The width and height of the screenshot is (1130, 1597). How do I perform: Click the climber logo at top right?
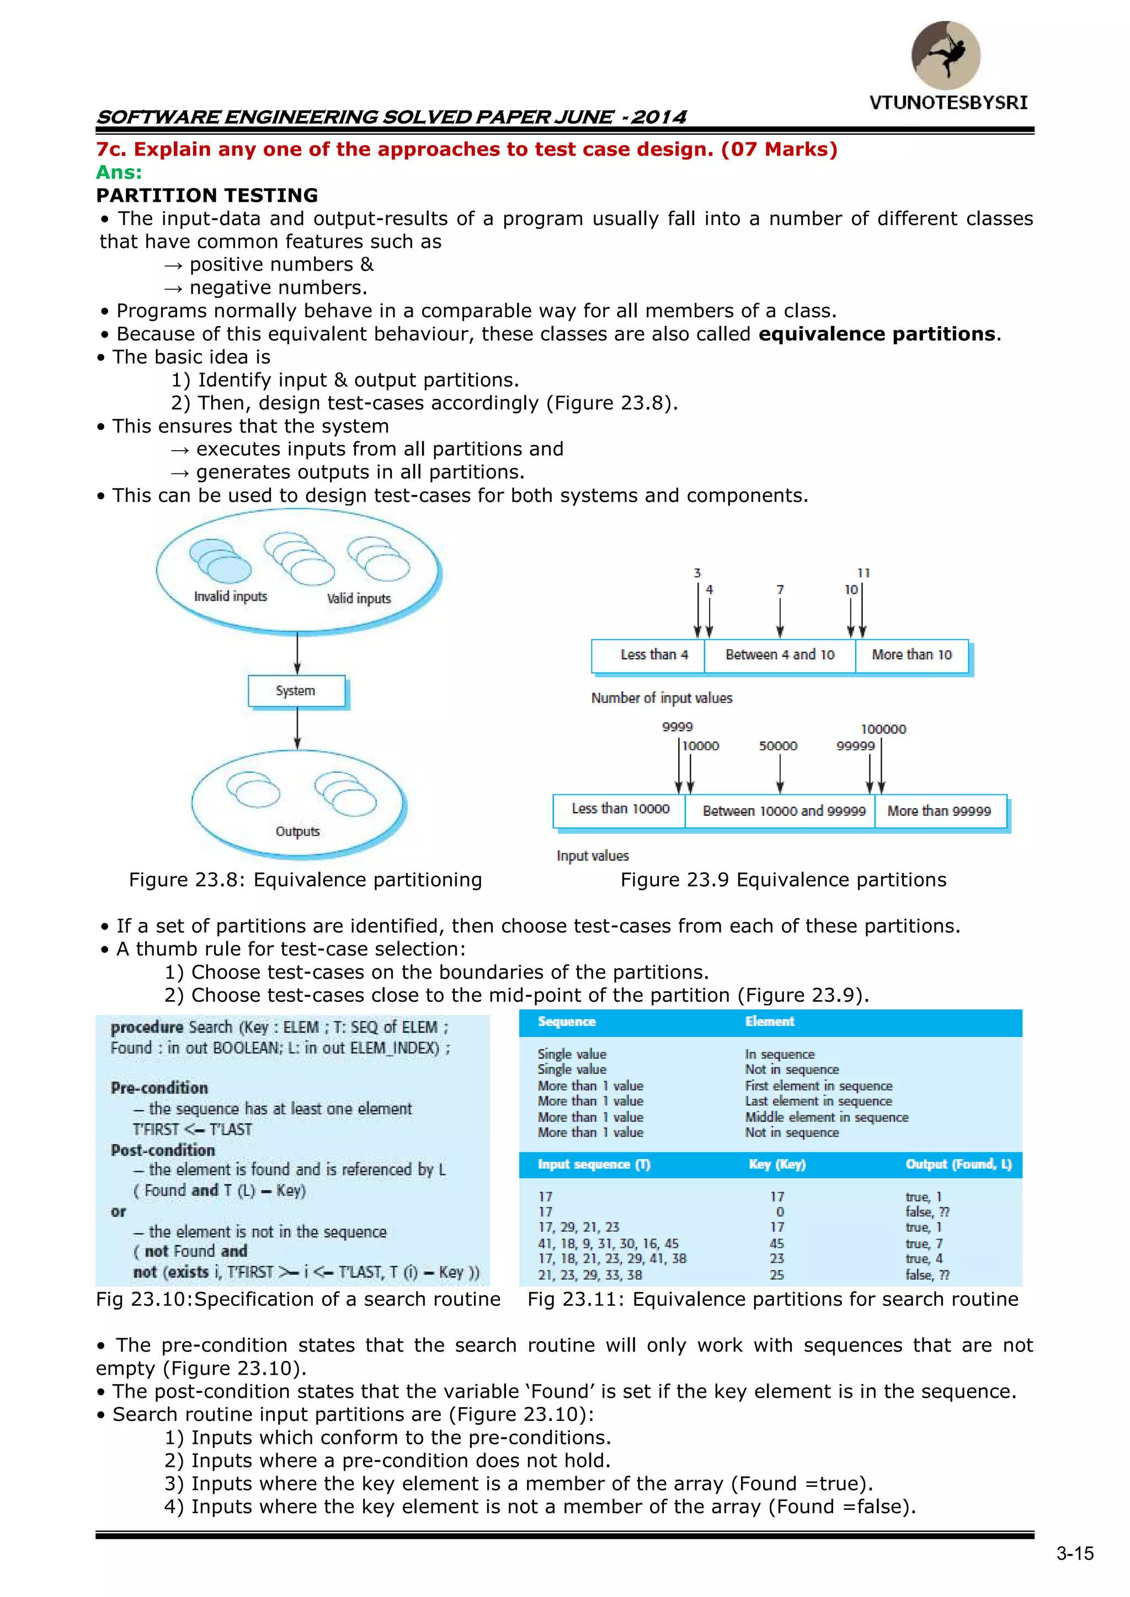946,56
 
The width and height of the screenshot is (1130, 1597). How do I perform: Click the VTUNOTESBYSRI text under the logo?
948,103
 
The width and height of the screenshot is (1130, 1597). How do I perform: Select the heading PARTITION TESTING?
207,195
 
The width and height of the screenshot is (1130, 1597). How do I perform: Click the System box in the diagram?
296,691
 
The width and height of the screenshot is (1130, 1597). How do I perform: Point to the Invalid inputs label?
230,597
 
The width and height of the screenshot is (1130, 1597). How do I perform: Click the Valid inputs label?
359,599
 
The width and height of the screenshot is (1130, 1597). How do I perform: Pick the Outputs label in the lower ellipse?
298,832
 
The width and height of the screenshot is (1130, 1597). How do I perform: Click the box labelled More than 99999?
939,811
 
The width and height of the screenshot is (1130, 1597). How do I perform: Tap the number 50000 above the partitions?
778,746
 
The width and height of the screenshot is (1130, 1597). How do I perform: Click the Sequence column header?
567,1022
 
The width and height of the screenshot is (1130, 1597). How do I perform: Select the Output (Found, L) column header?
958,1165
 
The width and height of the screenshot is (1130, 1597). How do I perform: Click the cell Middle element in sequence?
827,1117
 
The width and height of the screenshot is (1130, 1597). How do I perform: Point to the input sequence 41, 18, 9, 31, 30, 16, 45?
608,1243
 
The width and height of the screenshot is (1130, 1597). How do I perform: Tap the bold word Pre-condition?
159,1088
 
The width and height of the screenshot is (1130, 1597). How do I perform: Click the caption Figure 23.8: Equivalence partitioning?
306,880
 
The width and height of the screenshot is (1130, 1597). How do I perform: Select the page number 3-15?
1075,1554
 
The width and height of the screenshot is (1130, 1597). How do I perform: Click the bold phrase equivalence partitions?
877,334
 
